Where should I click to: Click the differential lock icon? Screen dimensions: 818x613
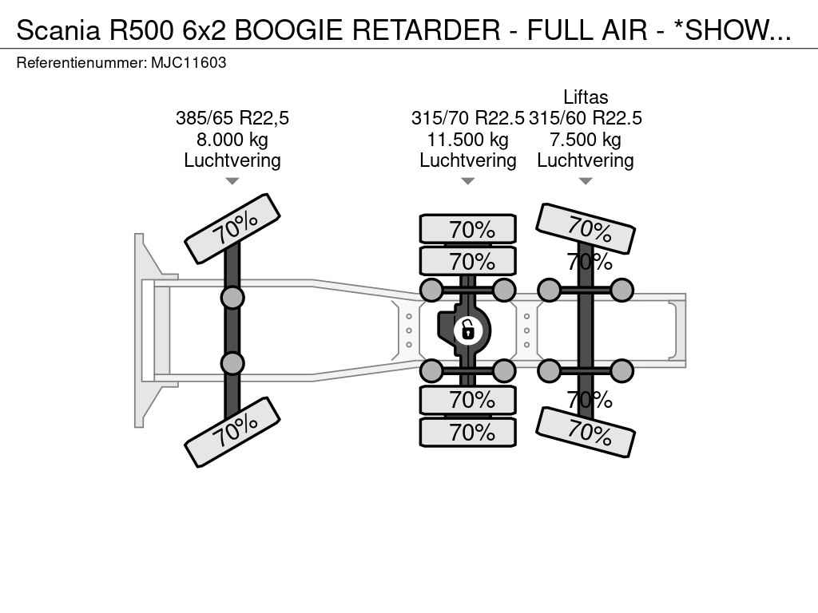tap(468, 330)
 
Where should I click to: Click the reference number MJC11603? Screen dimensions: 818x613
tap(189, 63)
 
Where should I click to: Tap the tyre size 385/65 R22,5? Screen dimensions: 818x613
tap(232, 118)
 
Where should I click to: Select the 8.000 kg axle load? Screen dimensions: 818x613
tap(232, 140)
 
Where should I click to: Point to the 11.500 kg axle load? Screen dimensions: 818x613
tap(468, 140)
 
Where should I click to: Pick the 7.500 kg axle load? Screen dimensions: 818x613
tap(586, 140)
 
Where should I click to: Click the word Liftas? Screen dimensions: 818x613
tap(586, 97)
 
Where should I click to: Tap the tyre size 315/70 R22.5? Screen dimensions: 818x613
tap(467, 118)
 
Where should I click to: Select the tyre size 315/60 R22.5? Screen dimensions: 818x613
tap(586, 118)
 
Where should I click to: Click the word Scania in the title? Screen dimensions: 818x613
tap(58, 30)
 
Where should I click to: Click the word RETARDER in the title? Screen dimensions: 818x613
tap(427, 30)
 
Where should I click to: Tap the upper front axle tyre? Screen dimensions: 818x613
tap(232, 229)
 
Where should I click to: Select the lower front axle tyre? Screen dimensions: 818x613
tap(232, 432)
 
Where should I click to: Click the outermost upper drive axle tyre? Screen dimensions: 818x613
tap(468, 229)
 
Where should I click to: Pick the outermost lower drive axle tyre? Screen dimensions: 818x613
tap(468, 432)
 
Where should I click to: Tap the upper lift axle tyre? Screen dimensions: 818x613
tap(586, 229)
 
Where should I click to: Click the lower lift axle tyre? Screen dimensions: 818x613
tap(586, 432)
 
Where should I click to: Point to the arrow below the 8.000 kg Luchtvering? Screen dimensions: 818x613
tap(232, 181)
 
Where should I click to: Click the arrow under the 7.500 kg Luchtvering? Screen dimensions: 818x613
tap(586, 181)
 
